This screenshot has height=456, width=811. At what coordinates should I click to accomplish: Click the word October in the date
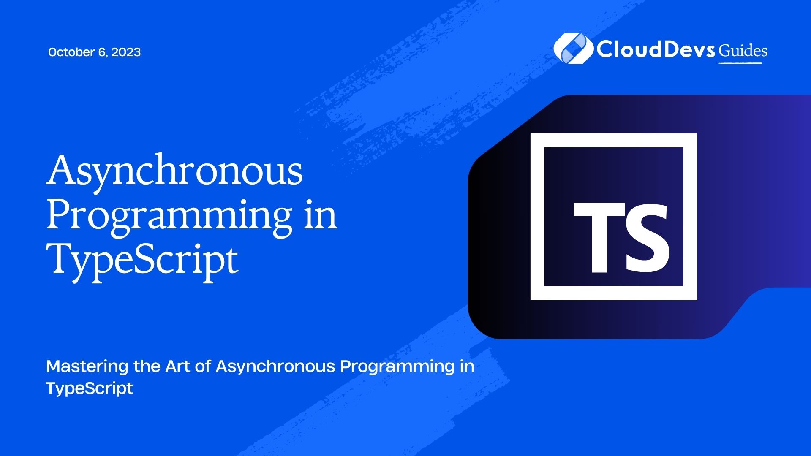pos(71,52)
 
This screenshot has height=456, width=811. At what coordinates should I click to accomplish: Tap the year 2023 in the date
pos(126,52)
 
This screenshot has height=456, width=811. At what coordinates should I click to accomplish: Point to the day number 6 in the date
pos(102,52)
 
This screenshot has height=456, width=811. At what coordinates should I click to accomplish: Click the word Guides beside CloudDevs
pos(743,51)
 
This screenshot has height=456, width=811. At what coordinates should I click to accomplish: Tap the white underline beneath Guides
pos(740,63)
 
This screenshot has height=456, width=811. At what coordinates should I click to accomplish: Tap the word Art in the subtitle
pos(177,366)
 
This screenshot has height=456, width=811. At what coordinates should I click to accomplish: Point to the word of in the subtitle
pos(203,366)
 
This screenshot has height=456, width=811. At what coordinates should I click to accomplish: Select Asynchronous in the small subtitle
pos(275,367)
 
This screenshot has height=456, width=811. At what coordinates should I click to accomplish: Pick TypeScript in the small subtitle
pos(90,388)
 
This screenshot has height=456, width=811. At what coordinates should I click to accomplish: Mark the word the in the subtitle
pos(146,366)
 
